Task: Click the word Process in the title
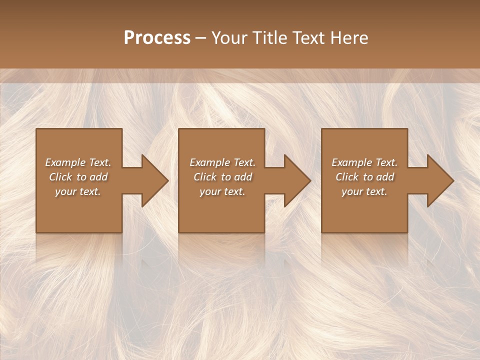click(157, 37)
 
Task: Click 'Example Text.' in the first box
click(78, 162)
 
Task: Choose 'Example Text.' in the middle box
click(222, 162)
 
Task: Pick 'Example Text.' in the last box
click(364, 162)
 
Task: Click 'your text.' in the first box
click(78, 191)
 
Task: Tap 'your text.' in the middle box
click(222, 191)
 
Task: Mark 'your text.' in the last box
click(364, 191)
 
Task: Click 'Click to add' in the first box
click(78, 177)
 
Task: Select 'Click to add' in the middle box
click(222, 177)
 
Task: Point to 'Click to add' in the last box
click(364, 177)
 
